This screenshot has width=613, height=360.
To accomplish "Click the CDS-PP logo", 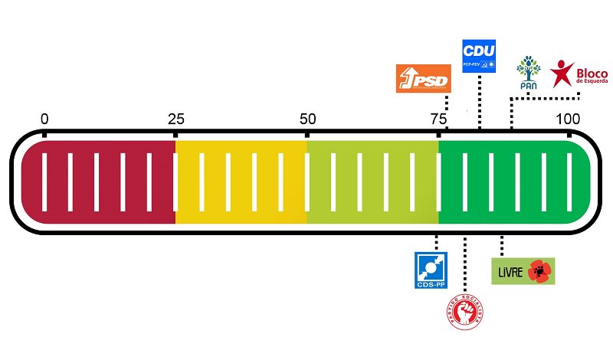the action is click(430, 270).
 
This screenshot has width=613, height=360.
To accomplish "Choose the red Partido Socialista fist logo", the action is click(464, 314).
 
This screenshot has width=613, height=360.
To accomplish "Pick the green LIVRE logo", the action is click(522, 271).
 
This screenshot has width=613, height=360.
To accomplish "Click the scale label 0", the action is click(44, 119).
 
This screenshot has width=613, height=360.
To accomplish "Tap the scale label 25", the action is click(175, 119).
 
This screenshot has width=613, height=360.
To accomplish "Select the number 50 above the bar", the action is click(307, 119).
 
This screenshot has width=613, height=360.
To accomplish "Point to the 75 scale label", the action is click(438, 119).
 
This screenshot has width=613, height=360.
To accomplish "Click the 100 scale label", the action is click(568, 119).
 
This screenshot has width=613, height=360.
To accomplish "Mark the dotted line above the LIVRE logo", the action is click(502, 245).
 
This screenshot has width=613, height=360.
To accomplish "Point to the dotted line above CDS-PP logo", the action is click(436, 242).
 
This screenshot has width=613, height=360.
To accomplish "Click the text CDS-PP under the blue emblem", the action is click(430, 285).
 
